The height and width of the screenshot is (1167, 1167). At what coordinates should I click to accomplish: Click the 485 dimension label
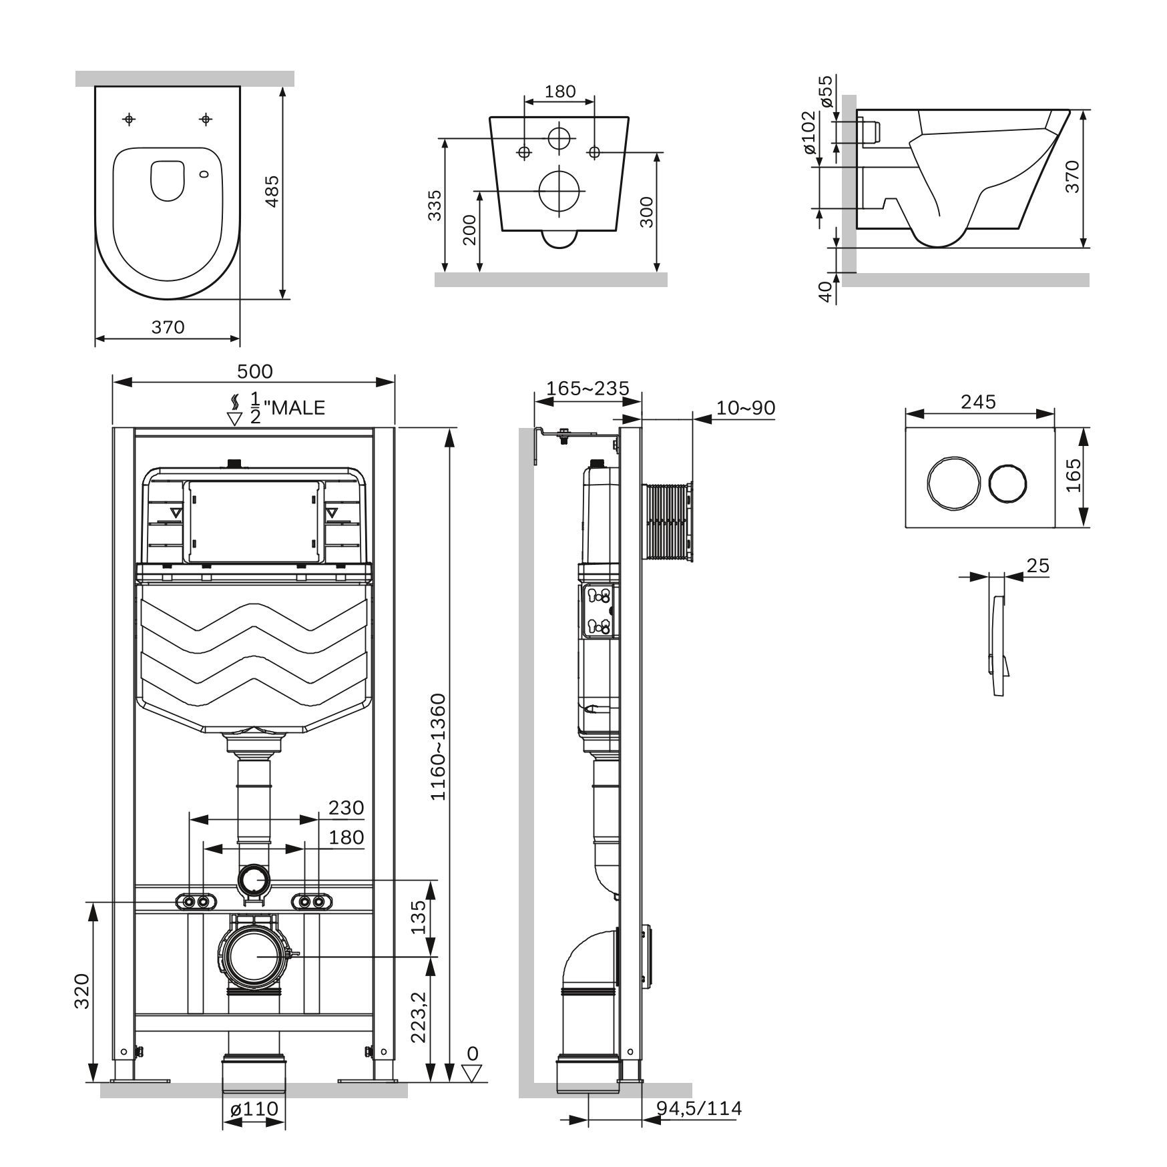point(272,191)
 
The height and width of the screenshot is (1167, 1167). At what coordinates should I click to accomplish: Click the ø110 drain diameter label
point(254,1109)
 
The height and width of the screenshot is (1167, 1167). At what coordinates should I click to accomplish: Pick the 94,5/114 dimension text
point(699,1108)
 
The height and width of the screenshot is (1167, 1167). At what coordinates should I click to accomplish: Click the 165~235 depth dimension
point(588,388)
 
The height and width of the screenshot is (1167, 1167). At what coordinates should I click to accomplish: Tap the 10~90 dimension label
point(746,407)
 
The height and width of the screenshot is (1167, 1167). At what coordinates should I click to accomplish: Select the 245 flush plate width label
point(978,402)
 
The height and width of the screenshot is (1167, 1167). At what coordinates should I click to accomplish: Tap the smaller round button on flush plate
point(1009,483)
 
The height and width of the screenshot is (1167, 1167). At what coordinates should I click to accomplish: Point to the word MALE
point(296,407)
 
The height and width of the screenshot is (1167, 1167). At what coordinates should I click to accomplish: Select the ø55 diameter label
point(826,91)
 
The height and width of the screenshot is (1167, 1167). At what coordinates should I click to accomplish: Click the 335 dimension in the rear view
point(435,205)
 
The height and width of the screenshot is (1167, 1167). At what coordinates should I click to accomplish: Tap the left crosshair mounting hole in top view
point(130,120)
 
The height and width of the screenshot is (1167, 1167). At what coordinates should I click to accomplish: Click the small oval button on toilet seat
point(204,174)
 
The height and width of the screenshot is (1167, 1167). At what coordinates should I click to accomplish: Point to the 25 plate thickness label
point(1037,565)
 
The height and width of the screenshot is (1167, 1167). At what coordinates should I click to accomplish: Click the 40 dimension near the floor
point(826,292)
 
